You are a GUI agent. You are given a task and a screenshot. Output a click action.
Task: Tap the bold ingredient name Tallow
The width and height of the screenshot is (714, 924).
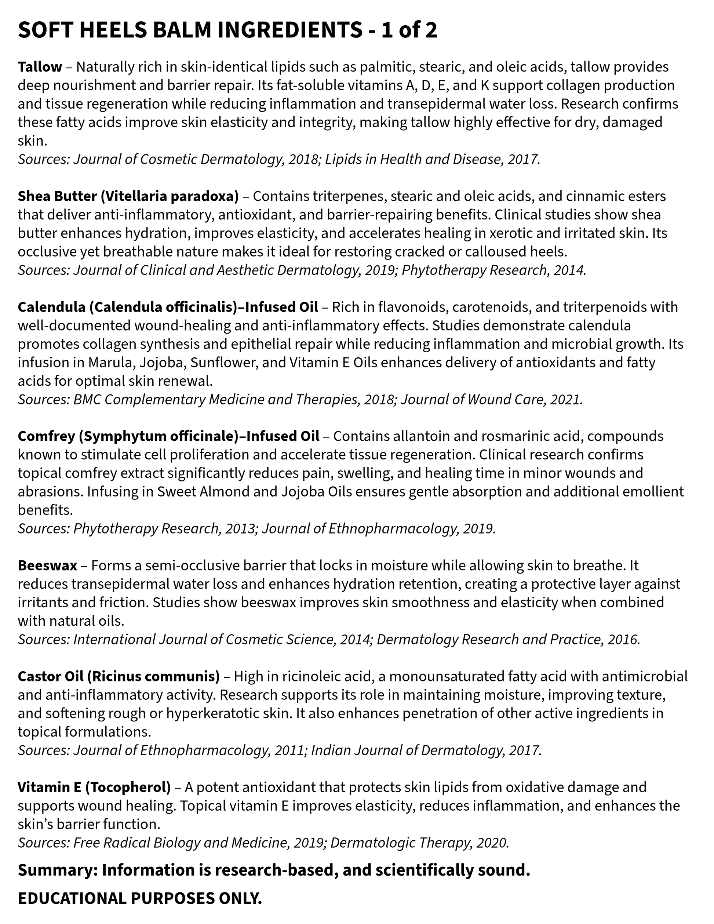pos(40,67)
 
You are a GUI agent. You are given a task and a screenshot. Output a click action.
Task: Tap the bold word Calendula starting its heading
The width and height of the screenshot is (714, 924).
pos(51,307)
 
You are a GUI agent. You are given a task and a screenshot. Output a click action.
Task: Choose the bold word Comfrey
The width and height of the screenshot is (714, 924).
pos(46,436)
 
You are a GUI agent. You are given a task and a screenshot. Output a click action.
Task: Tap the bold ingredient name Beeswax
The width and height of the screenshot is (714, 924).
pos(47,565)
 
